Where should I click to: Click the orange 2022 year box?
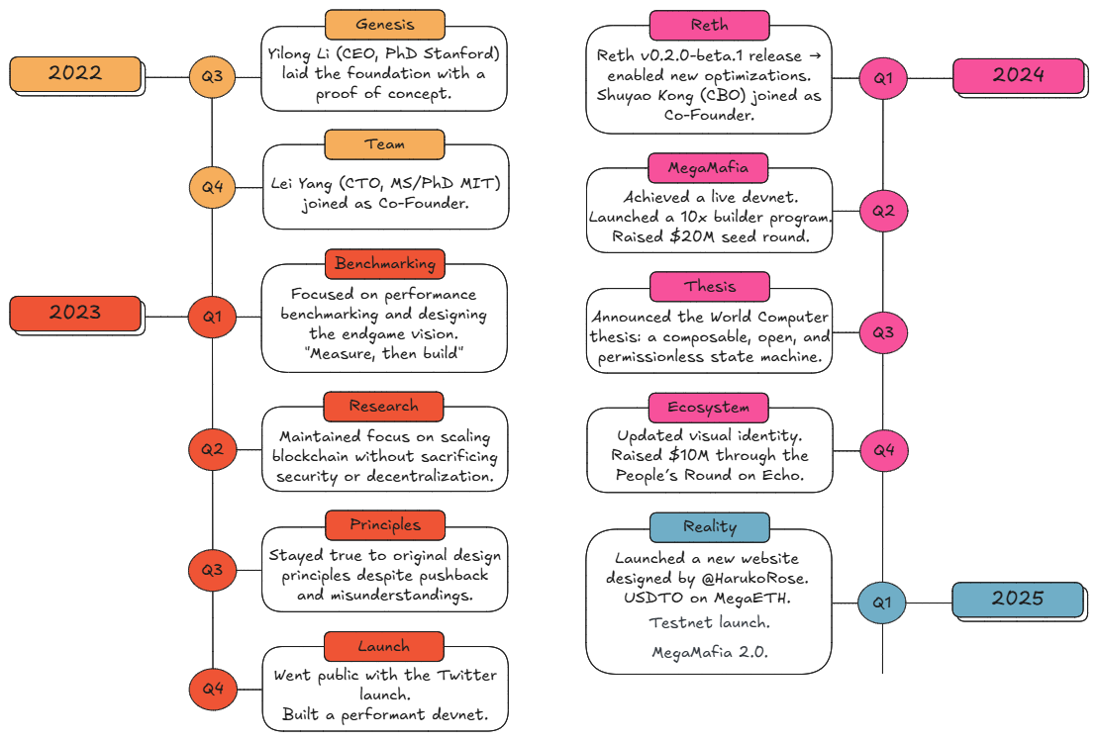[x=75, y=74]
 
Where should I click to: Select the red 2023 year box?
[x=75, y=313]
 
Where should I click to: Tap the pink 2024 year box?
[x=1019, y=75]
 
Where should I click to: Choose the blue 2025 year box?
[x=1018, y=600]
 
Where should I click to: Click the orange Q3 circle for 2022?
[x=212, y=76]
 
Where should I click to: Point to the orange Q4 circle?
[x=212, y=187]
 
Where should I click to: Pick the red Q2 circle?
[x=212, y=449]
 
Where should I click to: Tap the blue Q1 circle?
[x=882, y=602]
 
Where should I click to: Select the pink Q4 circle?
[x=884, y=450]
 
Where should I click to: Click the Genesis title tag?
[x=384, y=25]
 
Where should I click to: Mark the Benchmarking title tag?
[x=384, y=264]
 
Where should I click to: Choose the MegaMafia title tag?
[x=708, y=168]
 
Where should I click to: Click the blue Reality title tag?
[x=709, y=527]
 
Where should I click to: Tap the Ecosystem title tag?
[x=709, y=408]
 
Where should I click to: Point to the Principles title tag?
[x=384, y=524]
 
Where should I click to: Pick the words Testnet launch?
[x=709, y=622]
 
